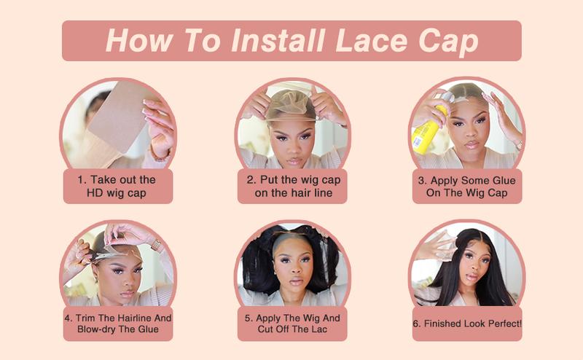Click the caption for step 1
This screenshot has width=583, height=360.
point(117,187)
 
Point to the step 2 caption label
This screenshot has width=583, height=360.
point(291,187)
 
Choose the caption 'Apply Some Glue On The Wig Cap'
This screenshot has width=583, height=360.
point(466,187)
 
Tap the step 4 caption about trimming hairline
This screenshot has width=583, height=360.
point(117,324)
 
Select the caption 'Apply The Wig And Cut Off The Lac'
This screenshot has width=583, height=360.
point(291,324)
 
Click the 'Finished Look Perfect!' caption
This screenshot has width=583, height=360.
point(466,324)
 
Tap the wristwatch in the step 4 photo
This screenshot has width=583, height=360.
point(155,244)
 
